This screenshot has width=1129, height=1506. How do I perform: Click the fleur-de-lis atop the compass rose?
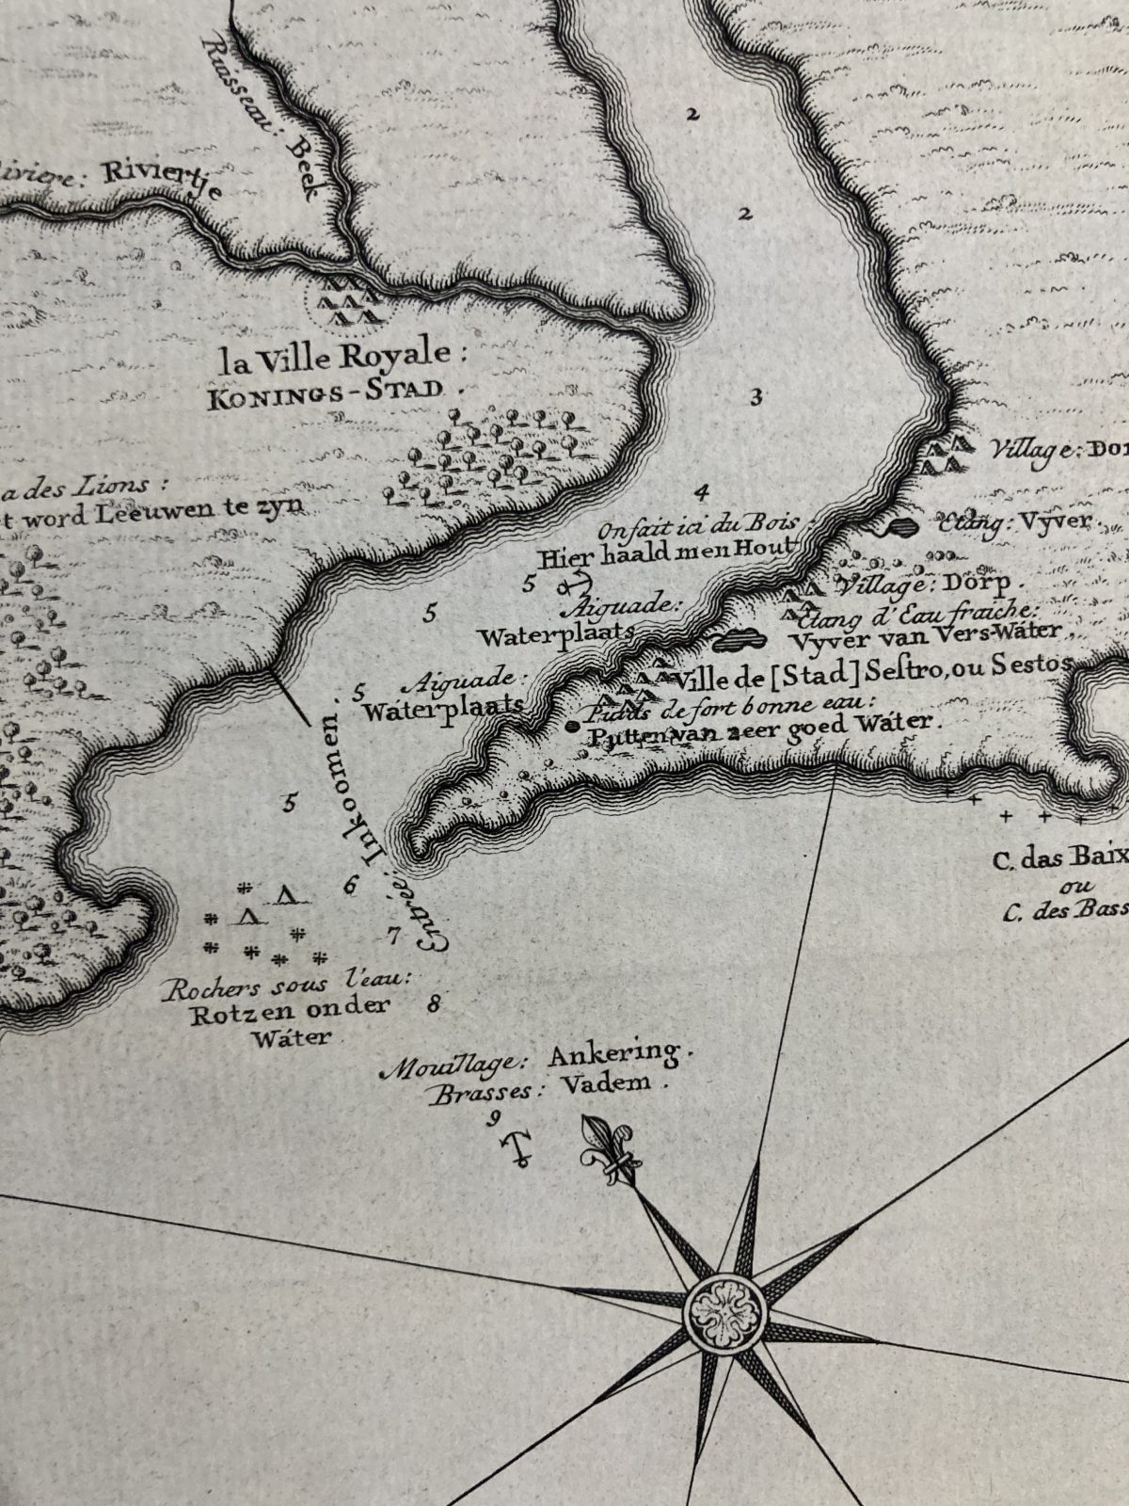coord(608,1145)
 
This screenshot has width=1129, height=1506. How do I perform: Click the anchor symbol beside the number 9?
coord(517,1146)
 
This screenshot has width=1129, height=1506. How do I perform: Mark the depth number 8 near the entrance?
coord(434,1003)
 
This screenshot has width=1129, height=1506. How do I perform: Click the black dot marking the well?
coord(572,726)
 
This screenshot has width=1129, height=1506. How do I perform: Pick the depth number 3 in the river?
coord(755,396)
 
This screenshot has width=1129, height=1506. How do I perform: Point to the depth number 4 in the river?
coord(702,490)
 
